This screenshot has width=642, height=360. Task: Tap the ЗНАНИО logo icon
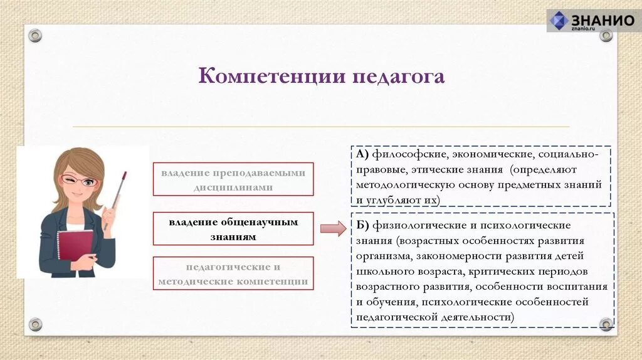point(559,20)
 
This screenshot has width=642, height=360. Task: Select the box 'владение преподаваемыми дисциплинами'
point(233,179)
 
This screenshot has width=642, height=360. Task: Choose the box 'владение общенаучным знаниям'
point(233,229)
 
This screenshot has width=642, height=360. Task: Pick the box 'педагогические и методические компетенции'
point(233,274)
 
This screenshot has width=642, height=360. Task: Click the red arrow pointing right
point(333,228)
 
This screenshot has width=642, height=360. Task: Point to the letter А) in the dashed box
point(363,154)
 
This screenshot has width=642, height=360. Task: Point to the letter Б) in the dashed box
point(363,225)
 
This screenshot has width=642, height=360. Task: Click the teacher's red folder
point(75,245)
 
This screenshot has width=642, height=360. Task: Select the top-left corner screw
point(35,36)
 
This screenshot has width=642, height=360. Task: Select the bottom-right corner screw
point(606,324)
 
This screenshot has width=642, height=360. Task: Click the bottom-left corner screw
point(35,324)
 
